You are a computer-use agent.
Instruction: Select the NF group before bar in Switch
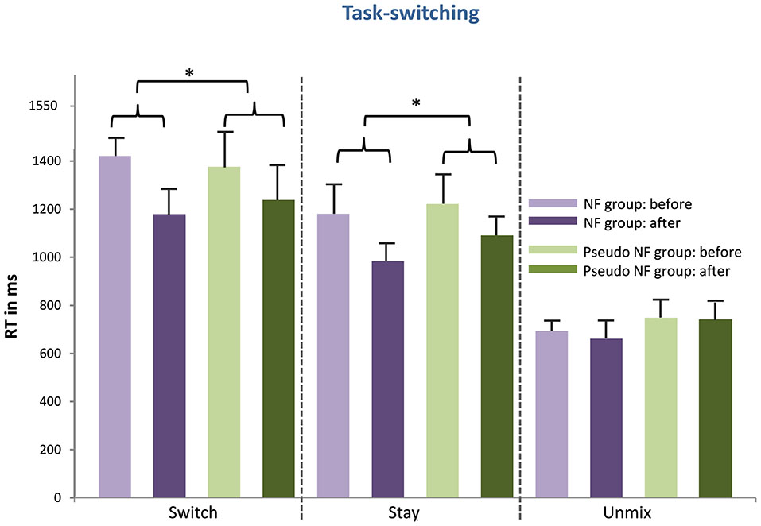point(115,327)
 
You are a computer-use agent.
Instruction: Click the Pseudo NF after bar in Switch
point(278,349)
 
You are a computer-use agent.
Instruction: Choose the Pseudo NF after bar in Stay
point(496,366)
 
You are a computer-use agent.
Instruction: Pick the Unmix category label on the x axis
point(633,514)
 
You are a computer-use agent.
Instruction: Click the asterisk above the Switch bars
point(189,72)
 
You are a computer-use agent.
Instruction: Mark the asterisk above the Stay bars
point(416,102)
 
